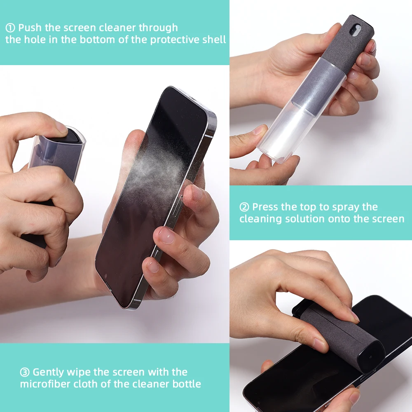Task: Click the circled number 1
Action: (10, 28)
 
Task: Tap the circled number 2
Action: (244, 207)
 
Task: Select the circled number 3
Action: (25, 372)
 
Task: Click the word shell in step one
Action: (214, 40)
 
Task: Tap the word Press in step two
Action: (265, 207)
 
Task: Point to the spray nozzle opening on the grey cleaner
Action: (356, 30)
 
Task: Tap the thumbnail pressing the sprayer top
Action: (61, 128)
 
